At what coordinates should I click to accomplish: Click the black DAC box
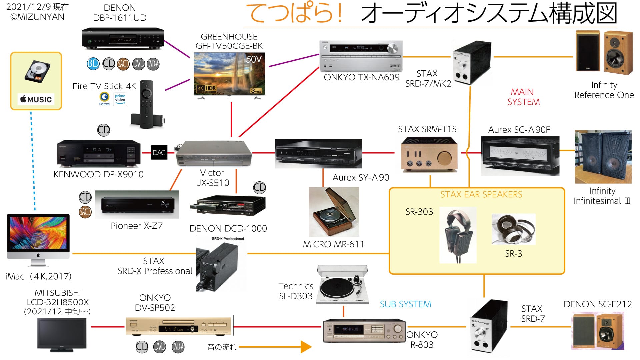pos(159,153)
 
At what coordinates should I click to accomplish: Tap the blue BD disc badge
pos(93,63)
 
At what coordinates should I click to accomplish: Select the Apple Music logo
pos(36,99)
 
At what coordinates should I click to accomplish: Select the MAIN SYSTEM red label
pos(523,97)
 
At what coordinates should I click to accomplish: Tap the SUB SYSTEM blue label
pos(405,304)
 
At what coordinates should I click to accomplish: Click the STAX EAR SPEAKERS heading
pos(481,195)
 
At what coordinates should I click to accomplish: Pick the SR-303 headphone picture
pos(458,235)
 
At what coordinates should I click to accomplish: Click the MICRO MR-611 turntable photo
pos(334,212)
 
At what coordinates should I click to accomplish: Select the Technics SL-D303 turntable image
pos(343,285)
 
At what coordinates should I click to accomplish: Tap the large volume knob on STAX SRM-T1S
pos(445,158)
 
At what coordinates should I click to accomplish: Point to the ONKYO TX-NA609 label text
pos(362,77)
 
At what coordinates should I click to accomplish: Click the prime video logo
pos(120,99)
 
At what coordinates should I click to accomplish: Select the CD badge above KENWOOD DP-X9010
pos(104,130)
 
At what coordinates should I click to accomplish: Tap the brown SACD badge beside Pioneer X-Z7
pos(85,212)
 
